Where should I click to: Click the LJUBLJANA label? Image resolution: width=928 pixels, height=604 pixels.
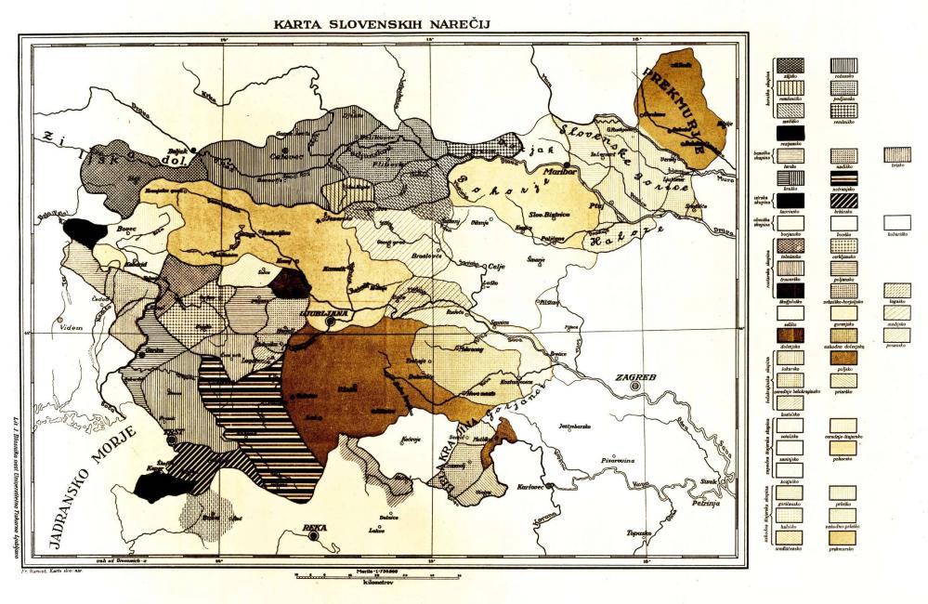324,313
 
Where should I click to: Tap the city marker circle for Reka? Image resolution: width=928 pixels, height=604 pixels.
315,536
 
